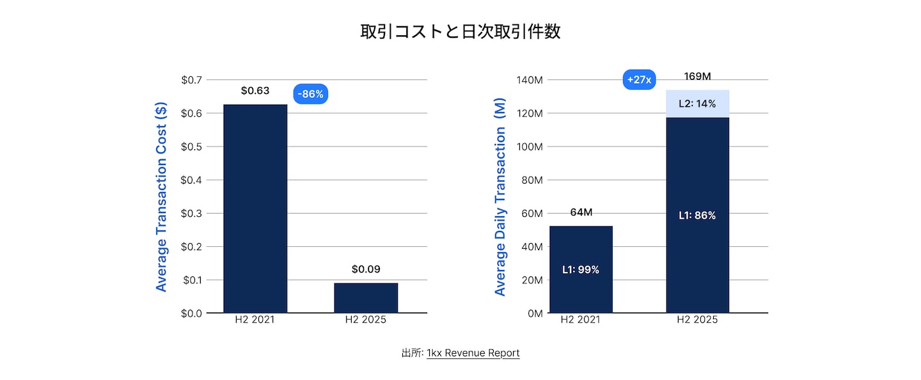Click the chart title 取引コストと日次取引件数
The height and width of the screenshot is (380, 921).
click(x=460, y=31)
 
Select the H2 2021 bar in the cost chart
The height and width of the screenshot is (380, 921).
click(x=255, y=208)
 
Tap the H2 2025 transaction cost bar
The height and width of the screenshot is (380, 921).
click(x=366, y=297)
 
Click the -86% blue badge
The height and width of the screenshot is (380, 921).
click(x=311, y=95)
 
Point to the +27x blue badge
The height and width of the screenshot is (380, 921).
click(x=639, y=80)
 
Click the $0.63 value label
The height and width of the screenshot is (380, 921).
click(x=255, y=91)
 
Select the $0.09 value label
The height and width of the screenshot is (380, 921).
click(x=366, y=269)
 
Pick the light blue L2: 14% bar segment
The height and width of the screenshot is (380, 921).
click(x=697, y=104)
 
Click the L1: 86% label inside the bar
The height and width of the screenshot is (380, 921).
click(x=697, y=216)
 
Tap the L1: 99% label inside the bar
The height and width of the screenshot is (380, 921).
click(x=581, y=270)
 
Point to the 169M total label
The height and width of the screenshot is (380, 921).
click(x=697, y=77)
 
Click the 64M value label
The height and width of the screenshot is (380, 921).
click(x=581, y=212)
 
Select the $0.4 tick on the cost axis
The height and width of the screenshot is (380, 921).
click(x=192, y=180)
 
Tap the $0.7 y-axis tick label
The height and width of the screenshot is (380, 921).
click(x=192, y=80)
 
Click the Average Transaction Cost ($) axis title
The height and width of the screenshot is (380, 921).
click(x=161, y=196)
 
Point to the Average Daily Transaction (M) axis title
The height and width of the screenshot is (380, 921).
click(x=500, y=211)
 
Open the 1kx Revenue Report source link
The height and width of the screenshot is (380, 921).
click(x=473, y=353)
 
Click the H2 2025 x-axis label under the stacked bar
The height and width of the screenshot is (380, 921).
click(x=697, y=320)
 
